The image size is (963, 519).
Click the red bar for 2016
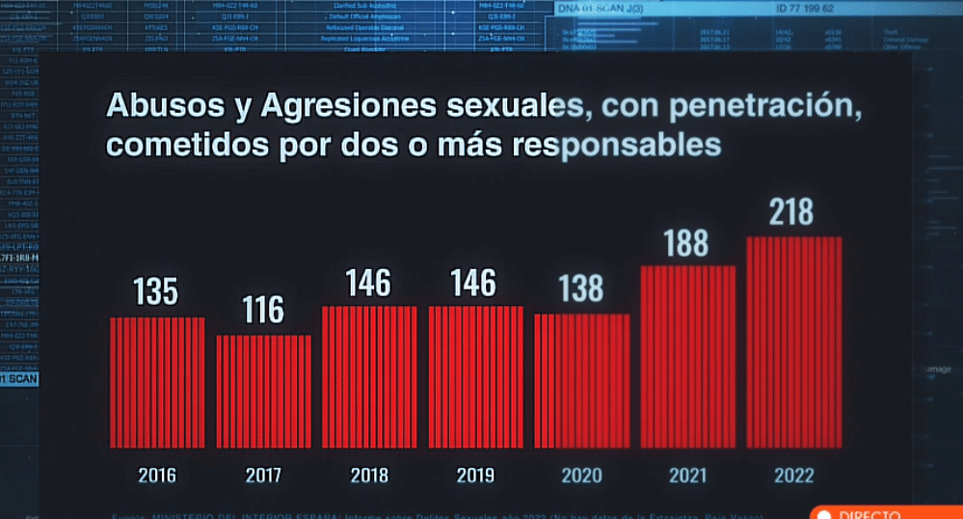pyautogui.click(x=157, y=381)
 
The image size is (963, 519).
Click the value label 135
pyautogui.click(x=156, y=291)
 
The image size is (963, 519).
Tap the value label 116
pyautogui.click(x=263, y=311)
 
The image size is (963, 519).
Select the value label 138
pyautogui.click(x=581, y=288)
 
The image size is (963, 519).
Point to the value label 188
pyautogui.click(x=687, y=244)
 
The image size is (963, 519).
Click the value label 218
pyautogui.click(x=793, y=212)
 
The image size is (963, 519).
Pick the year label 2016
pyautogui.click(x=157, y=475)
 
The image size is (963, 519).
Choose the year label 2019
pyautogui.click(x=475, y=475)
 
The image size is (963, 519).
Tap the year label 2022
pyautogui.click(x=793, y=475)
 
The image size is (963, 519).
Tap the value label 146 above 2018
pyautogui.click(x=369, y=284)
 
